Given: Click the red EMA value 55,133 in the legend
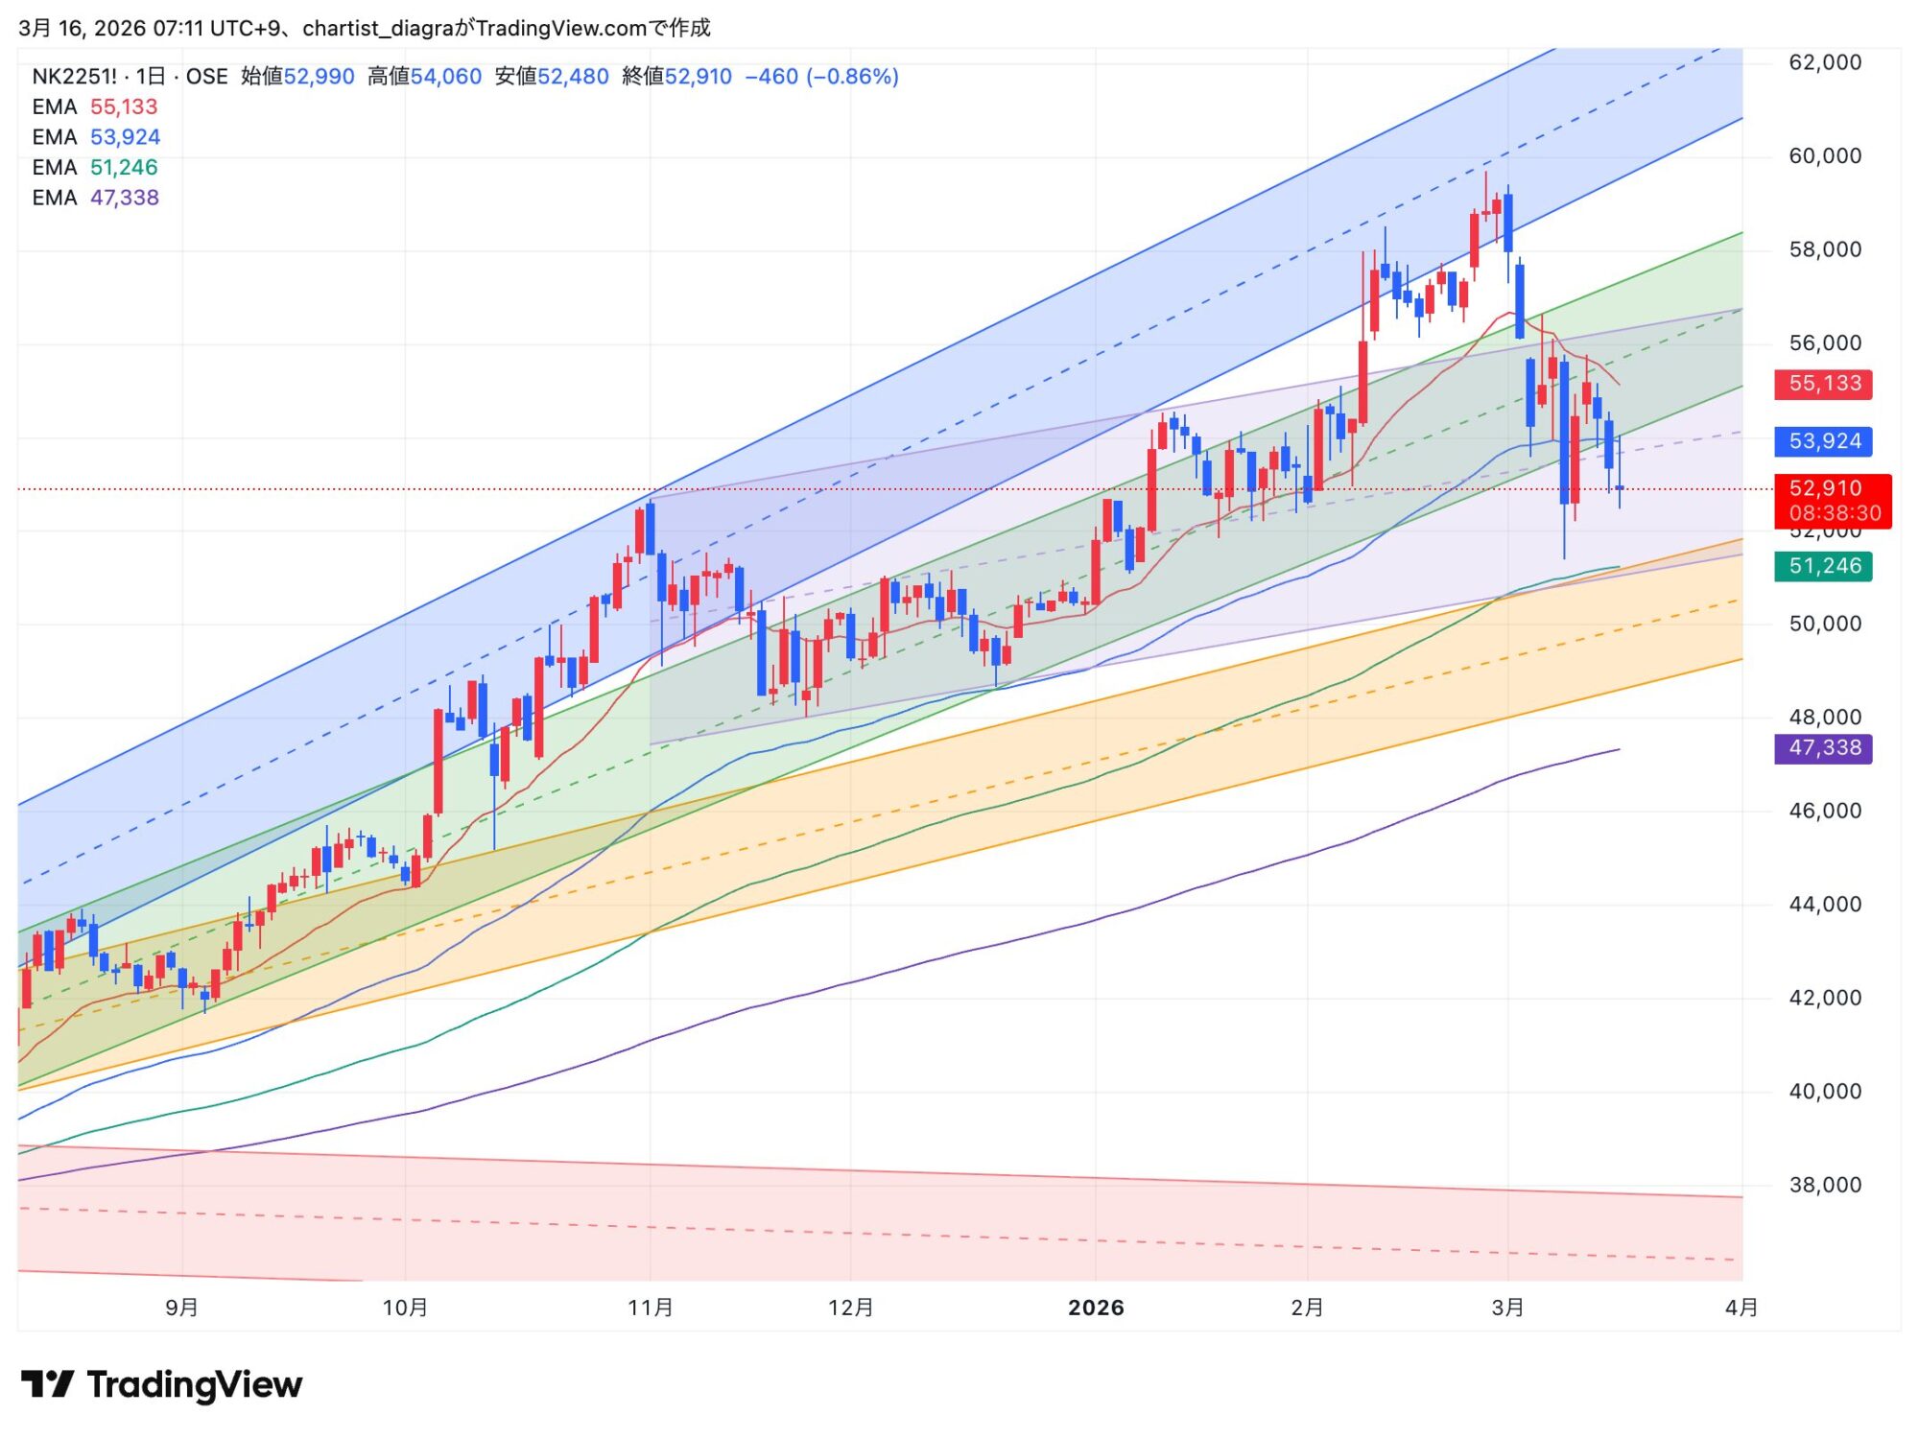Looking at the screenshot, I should (x=123, y=106).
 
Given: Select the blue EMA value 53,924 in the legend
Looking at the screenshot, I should (x=125, y=137).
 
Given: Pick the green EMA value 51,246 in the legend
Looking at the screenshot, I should (x=124, y=167).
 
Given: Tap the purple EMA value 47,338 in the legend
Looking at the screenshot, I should (x=125, y=198).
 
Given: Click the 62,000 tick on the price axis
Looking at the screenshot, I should (x=1825, y=62).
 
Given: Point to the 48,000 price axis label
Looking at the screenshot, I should (x=1825, y=717).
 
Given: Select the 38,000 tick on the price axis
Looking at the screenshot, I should (x=1825, y=1185).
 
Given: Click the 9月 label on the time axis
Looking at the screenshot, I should (x=181, y=1308).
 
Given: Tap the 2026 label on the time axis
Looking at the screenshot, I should (x=1096, y=1308).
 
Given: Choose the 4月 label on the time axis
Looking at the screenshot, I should (x=1741, y=1308).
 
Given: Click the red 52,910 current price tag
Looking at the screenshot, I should (x=1825, y=488).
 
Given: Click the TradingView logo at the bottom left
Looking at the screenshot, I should (x=161, y=1384).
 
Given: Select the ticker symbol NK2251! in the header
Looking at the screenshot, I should (x=74, y=77).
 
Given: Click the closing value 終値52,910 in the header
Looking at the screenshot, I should (x=676, y=77).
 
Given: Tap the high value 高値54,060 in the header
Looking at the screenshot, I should (x=424, y=77).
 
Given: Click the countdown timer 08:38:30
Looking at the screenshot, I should (x=1835, y=513).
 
